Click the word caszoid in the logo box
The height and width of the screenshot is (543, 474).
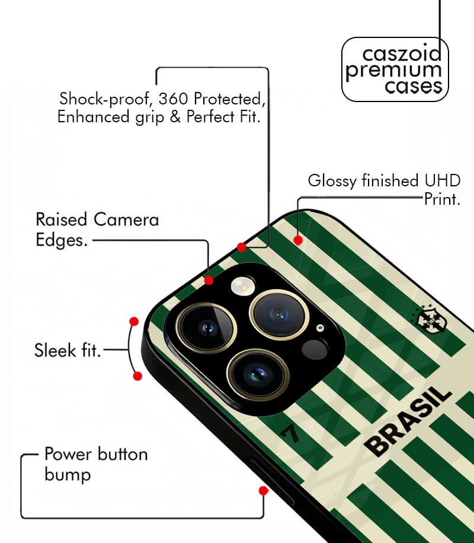tap(402, 53)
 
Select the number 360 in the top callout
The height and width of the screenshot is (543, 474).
tap(173, 99)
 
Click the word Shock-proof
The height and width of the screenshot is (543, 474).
tap(105, 99)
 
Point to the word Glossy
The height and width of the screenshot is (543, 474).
tap(332, 181)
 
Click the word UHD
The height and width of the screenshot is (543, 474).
tap(443, 181)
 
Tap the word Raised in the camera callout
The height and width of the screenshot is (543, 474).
tap(62, 220)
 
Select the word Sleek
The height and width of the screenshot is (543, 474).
tap(55, 350)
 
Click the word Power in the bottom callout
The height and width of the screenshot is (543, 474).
tap(68, 454)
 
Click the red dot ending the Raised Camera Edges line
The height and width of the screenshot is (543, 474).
tap(209, 280)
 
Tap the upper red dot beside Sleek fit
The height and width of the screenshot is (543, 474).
tap(134, 322)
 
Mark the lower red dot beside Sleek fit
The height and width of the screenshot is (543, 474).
tap(137, 376)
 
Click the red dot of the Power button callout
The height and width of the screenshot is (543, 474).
tap(264, 491)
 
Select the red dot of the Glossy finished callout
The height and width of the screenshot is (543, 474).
tap(298, 240)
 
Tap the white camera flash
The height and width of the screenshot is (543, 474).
tap(243, 286)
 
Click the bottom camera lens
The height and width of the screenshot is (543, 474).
tap(258, 374)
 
